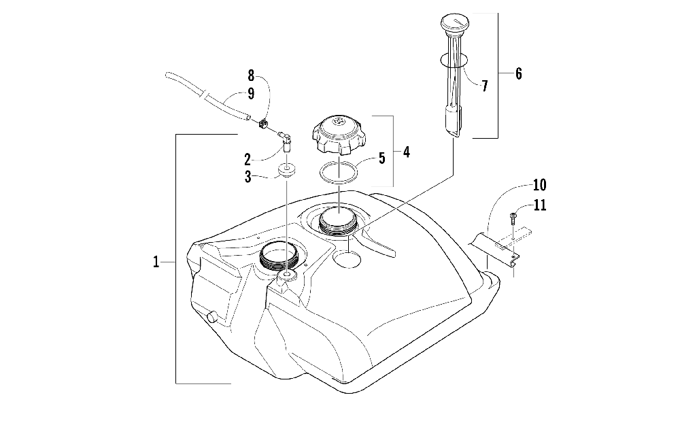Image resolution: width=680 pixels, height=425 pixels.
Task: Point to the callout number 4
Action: pos(406,152)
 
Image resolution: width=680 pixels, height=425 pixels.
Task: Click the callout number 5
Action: pos(381,158)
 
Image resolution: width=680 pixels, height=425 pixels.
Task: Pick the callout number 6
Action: pos(518,73)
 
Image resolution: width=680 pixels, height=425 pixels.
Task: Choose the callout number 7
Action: pos(484,86)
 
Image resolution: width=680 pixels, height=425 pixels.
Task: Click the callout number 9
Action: pos(251,92)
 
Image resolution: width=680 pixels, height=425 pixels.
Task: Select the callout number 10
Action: pos(539,184)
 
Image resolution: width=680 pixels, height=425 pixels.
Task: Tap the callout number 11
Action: pos(541,205)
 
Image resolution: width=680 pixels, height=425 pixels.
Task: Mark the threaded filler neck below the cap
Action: pos(337,222)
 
